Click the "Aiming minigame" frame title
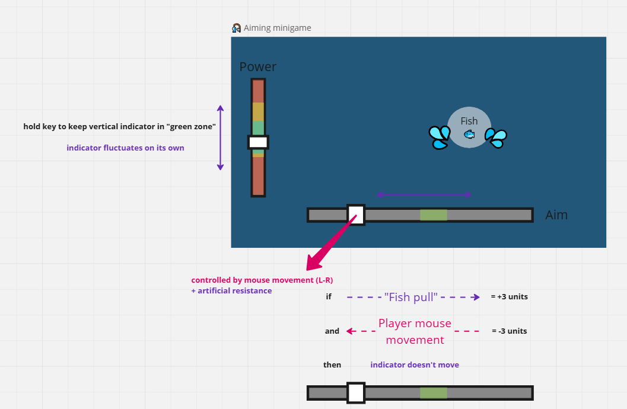[277, 28]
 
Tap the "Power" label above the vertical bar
[258, 67]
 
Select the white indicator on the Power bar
[258, 142]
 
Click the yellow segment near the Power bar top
[258, 112]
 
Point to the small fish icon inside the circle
[469, 135]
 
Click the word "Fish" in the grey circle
[469, 121]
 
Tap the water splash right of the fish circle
[496, 138]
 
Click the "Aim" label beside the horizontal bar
[556, 215]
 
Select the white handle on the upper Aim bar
[356, 215]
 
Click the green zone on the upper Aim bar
[434, 215]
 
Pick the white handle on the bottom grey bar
[356, 393]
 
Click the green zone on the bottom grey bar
[434, 393]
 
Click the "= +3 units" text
[509, 297]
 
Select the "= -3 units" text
[509, 331]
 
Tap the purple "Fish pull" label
[410, 297]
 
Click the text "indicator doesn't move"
[415, 365]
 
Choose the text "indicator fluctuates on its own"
[125, 148]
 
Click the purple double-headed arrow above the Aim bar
[424, 194]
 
